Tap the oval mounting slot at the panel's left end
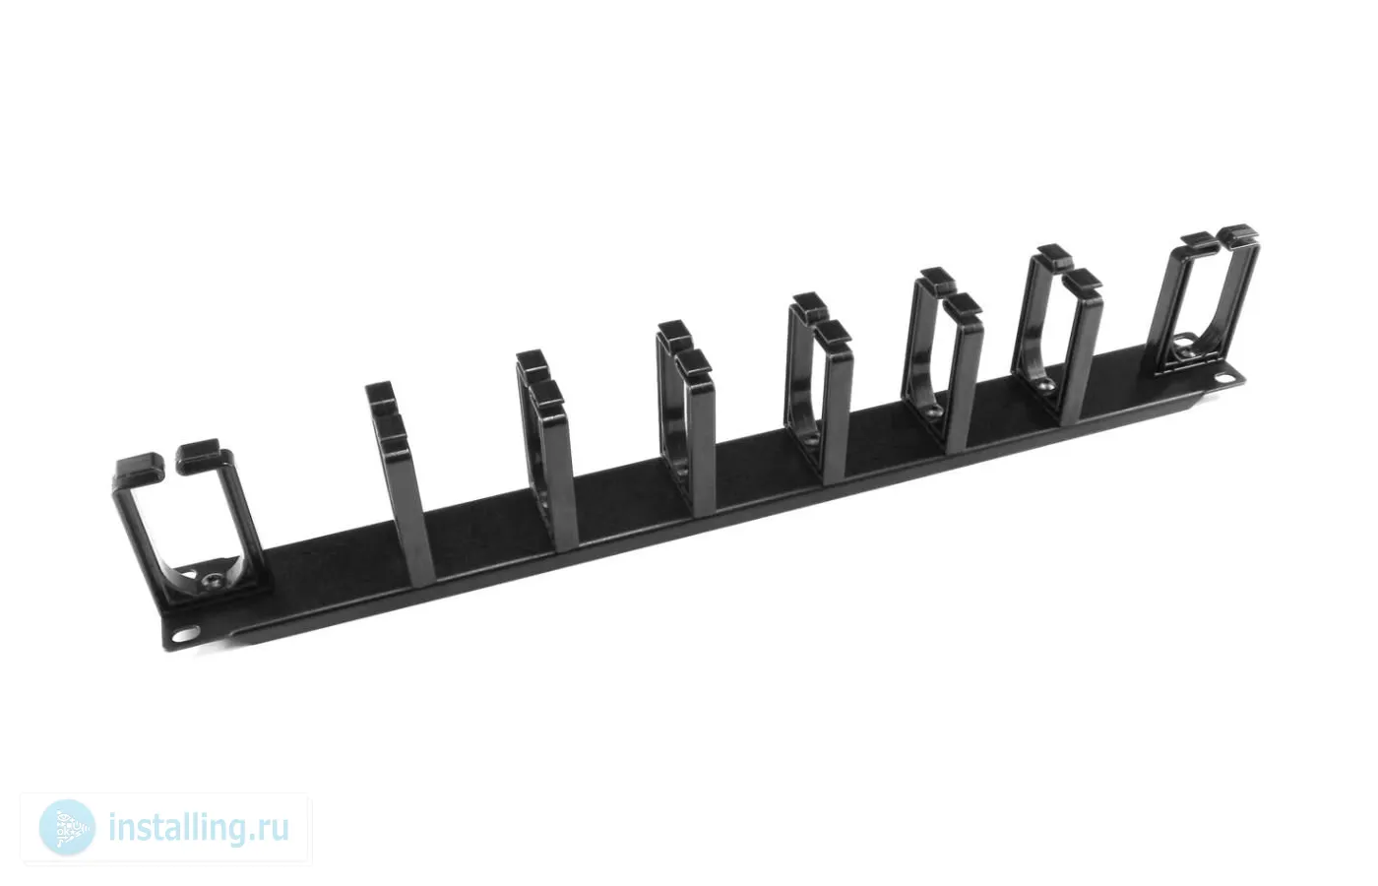185,633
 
